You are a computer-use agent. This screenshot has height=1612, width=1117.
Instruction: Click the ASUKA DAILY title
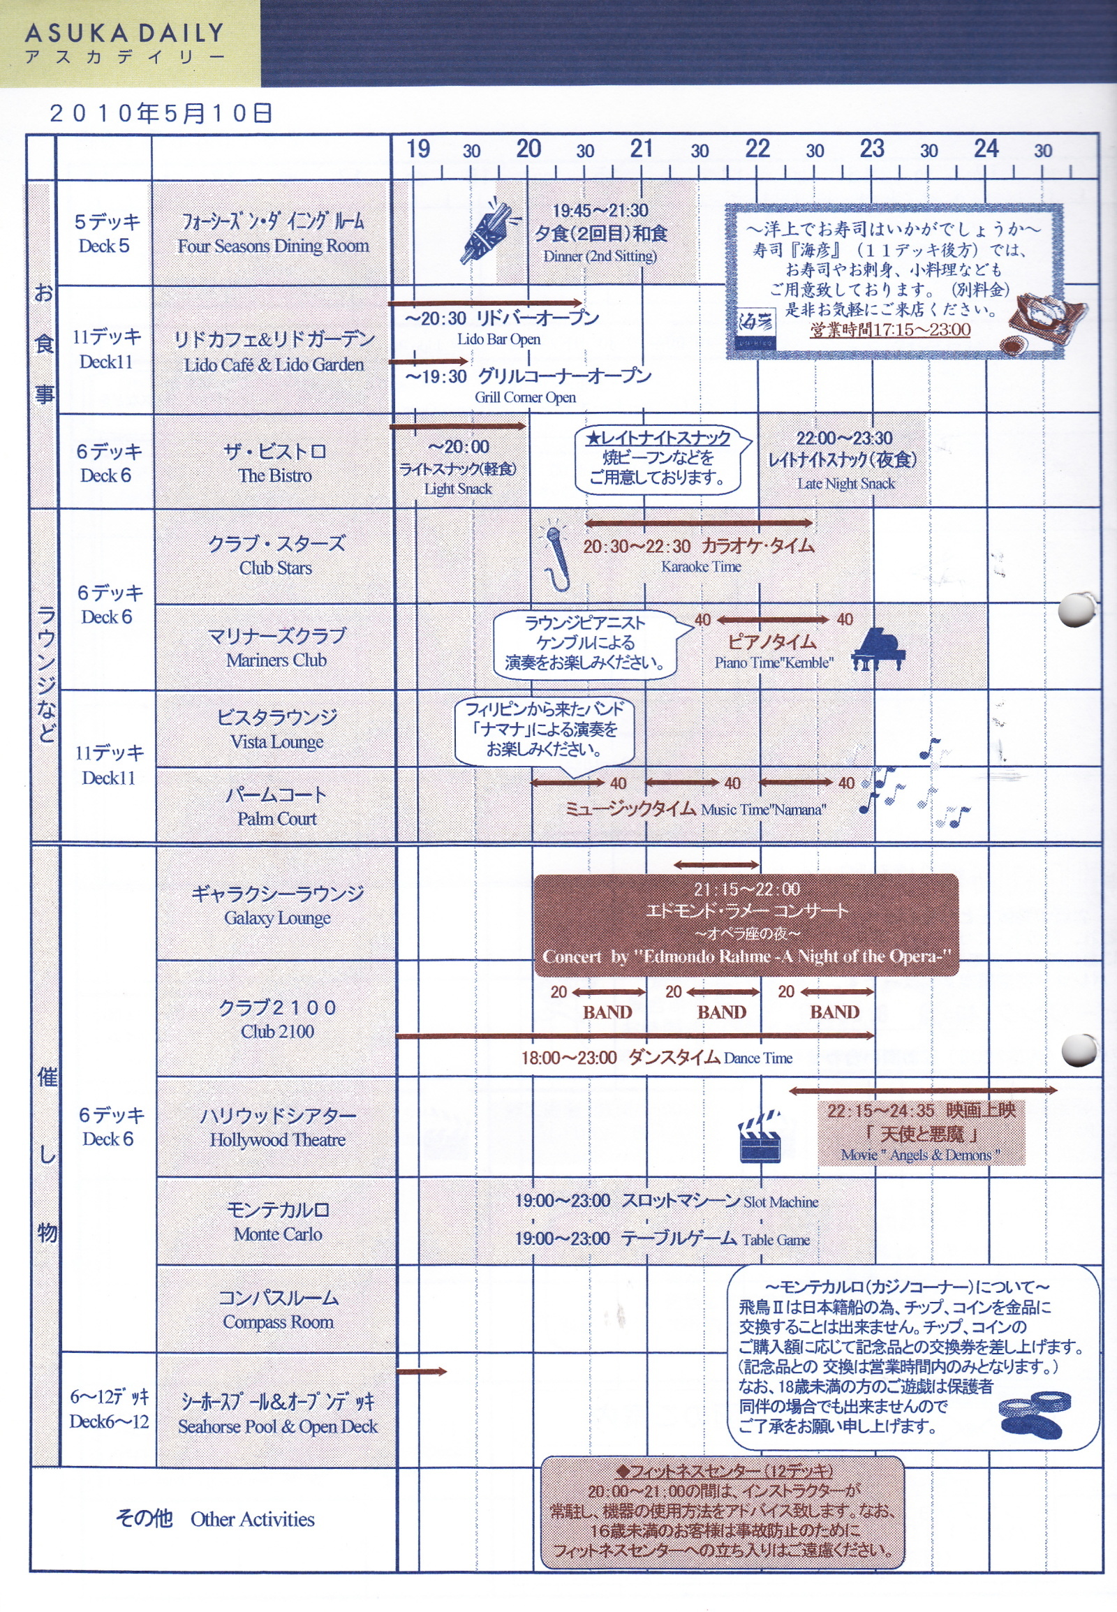tap(124, 33)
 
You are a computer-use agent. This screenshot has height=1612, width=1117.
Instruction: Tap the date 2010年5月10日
tap(161, 113)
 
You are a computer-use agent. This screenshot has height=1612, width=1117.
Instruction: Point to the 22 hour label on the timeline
tap(757, 149)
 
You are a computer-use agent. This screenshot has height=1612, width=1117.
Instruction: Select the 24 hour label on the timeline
tap(986, 149)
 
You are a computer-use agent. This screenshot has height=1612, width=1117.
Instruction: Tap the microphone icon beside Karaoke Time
tap(556, 557)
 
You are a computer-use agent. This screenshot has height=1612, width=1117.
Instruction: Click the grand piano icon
tap(878, 649)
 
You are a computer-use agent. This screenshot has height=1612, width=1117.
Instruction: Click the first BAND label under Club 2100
tap(607, 1012)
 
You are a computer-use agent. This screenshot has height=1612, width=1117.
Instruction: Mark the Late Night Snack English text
tap(845, 484)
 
